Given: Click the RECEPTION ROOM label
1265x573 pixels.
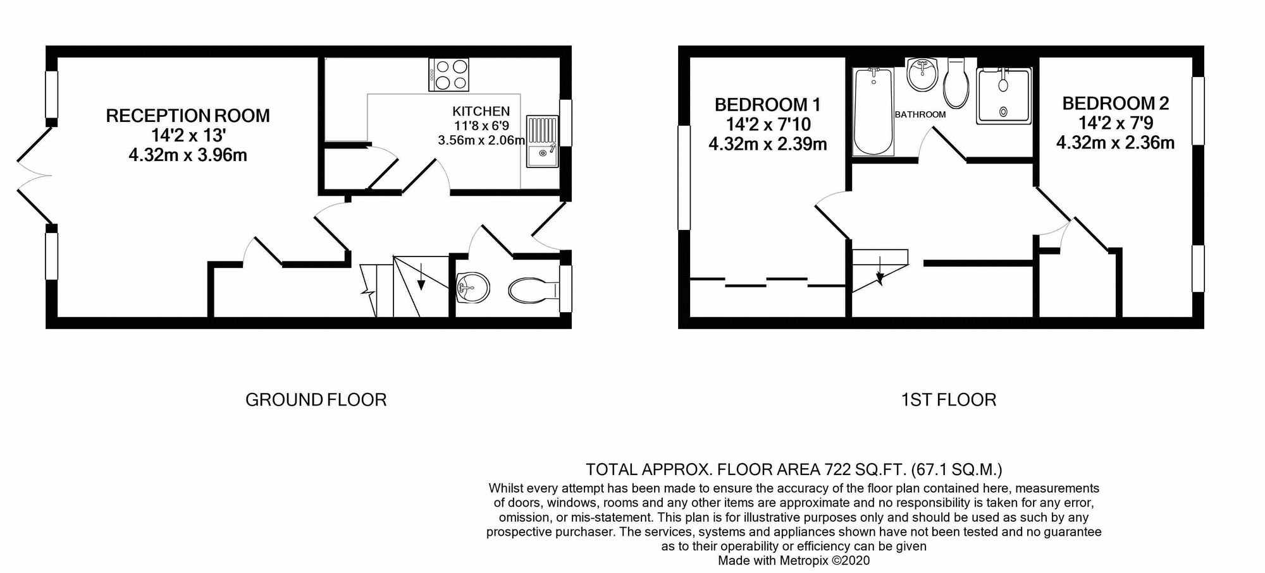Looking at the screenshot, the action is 188,116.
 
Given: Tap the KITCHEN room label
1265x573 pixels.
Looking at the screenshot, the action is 481,112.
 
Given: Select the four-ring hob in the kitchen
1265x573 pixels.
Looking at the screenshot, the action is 449,75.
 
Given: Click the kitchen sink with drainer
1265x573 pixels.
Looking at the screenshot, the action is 543,142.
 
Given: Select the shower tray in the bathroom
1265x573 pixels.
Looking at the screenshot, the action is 1004,95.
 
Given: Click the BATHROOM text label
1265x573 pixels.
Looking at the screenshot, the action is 920,114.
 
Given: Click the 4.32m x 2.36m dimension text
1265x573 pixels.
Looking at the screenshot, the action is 1115,143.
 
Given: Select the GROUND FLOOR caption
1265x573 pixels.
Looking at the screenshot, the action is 316,400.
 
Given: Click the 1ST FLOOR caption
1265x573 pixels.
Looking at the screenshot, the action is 948,400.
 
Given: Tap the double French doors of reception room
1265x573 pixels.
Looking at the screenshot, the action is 34,175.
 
